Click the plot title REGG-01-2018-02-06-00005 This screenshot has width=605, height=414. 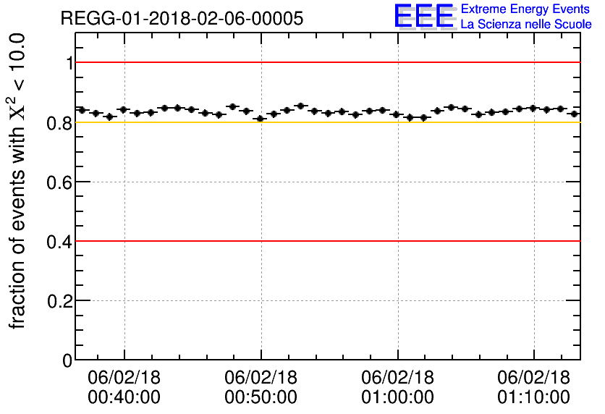182,18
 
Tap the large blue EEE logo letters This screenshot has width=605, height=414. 424,17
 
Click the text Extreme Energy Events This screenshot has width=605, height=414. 526,9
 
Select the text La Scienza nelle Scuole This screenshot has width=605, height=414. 526,25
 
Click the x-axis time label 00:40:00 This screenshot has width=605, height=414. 124,397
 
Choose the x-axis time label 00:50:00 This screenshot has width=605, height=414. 261,397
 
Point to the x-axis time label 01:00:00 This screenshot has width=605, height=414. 397,397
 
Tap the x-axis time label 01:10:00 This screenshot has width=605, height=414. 534,397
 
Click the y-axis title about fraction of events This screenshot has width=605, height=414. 20,181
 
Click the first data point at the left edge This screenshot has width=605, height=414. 82,110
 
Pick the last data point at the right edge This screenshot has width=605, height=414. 574,114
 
